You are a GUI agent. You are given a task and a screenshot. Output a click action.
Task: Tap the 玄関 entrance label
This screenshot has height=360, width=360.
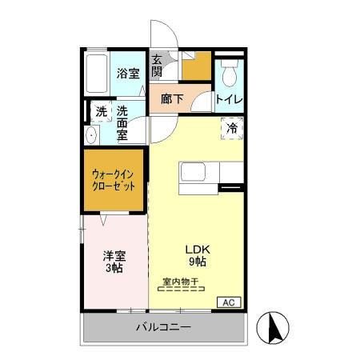pyautogui.click(x=158, y=66)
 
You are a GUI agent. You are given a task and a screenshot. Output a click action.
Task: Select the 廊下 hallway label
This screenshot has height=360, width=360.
pyautogui.click(x=172, y=99)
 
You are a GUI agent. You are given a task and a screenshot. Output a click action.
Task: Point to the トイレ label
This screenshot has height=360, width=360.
pyautogui.click(x=230, y=99)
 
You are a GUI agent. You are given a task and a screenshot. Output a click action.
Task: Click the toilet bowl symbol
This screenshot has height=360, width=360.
pyautogui.click(x=229, y=74)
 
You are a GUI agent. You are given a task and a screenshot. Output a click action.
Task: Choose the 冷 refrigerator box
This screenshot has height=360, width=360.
pyautogui.click(x=231, y=127)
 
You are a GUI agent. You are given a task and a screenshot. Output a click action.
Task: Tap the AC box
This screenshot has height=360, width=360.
pyautogui.click(x=229, y=302)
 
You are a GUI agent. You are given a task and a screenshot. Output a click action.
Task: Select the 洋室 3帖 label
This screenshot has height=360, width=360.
pyautogui.click(x=114, y=262)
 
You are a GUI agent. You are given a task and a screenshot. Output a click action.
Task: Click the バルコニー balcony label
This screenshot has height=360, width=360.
pyautogui.click(x=162, y=327)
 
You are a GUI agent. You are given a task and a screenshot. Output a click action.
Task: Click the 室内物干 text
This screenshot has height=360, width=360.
pyautogui.click(x=182, y=281)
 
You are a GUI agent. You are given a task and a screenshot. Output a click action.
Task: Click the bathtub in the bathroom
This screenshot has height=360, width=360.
pyautogui.click(x=95, y=74)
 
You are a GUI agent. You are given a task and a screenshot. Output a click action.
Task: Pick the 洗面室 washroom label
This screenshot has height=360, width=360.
pyautogui.click(x=123, y=122)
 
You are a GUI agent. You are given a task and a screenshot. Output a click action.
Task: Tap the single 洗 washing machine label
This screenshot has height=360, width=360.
pyautogui.click(x=102, y=111)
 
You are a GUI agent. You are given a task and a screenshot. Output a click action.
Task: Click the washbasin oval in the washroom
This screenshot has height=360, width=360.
pyautogui.click(x=90, y=136)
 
